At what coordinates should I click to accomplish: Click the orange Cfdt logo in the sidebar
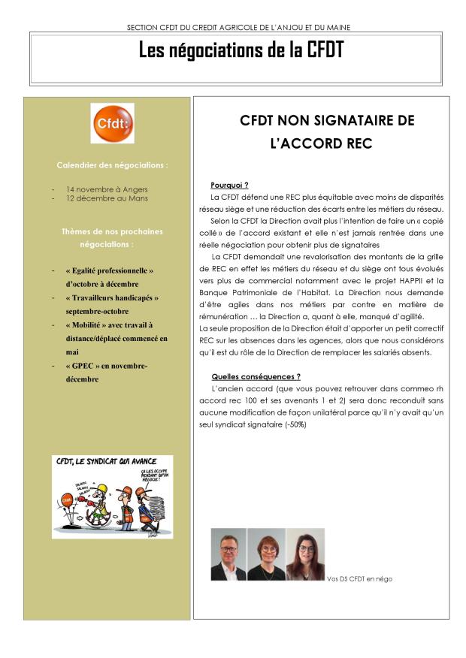click(112, 123)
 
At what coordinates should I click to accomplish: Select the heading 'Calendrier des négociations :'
click(112, 164)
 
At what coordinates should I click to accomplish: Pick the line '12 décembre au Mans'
click(106, 198)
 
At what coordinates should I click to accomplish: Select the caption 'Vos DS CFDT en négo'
click(360, 579)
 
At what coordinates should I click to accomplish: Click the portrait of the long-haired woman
click(305, 554)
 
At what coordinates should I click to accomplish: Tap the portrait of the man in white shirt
click(229, 554)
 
